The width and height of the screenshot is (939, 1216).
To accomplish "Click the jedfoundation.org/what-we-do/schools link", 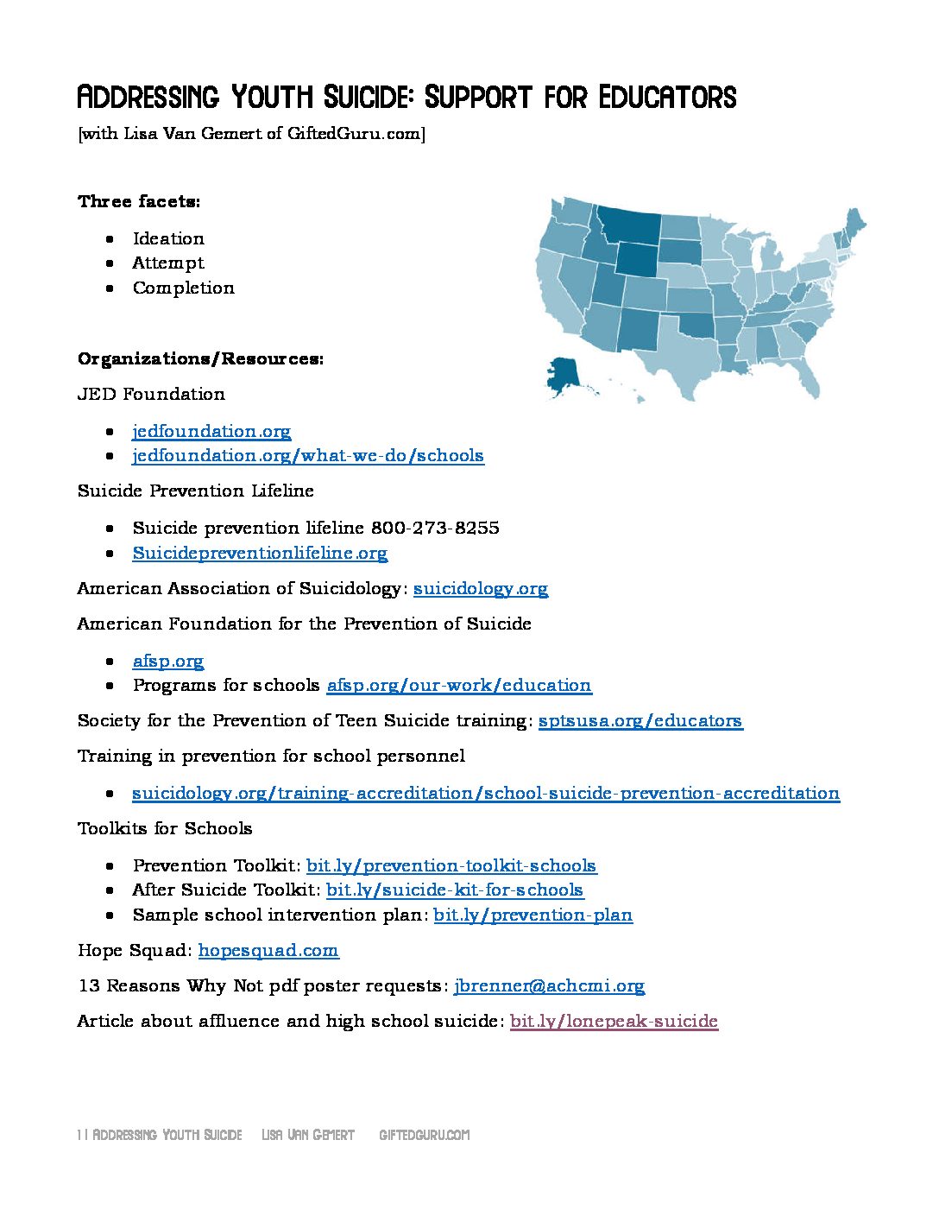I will coord(307,455).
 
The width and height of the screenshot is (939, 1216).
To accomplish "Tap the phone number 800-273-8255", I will coord(434,528).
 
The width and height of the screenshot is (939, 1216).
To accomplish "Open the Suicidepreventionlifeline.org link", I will coord(259,553).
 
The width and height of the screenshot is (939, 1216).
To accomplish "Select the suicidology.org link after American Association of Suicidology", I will coord(480,588).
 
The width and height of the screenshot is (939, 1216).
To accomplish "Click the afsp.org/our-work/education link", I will coord(458,685).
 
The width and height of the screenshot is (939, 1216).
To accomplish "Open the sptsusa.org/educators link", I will coord(640,720).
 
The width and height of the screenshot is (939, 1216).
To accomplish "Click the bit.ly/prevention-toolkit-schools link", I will coord(451,865).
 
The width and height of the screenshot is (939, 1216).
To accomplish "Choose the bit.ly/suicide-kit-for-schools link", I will coord(454,890).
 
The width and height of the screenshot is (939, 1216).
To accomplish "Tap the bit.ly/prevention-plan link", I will coord(533,915).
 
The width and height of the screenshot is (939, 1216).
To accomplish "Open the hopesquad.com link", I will coord(268,950).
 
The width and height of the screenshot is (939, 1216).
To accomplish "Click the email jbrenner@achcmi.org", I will coord(549,985).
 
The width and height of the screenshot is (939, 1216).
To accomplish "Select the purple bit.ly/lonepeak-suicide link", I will coord(614,1021).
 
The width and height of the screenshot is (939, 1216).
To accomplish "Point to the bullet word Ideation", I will coord(168,238).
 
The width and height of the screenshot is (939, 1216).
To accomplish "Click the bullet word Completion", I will coord(183,288).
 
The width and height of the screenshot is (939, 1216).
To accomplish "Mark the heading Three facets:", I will coord(139,201).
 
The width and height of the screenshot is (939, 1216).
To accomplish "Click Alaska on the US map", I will coord(565,377).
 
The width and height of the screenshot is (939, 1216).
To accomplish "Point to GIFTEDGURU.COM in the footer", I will coord(424,1135).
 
